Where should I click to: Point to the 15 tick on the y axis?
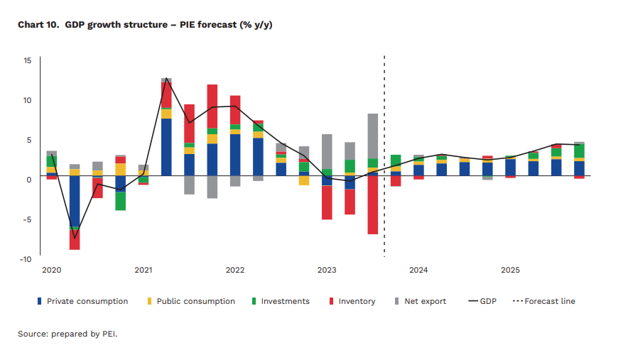pyautogui.click(x=27, y=61)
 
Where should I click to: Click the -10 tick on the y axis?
pyautogui.click(x=26, y=259)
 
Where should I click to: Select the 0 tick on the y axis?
pyautogui.click(x=29, y=180)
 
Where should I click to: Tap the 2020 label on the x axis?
pyautogui.click(x=51, y=271)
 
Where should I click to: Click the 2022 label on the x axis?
pyautogui.click(x=235, y=271)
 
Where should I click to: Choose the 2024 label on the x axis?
pyautogui.click(x=418, y=271)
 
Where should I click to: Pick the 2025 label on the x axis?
pyautogui.click(x=510, y=271)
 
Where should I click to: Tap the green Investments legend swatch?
pyautogui.click(x=254, y=301)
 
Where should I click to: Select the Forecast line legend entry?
pyautogui.click(x=550, y=301)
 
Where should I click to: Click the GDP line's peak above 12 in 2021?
pyautogui.click(x=166, y=80)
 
